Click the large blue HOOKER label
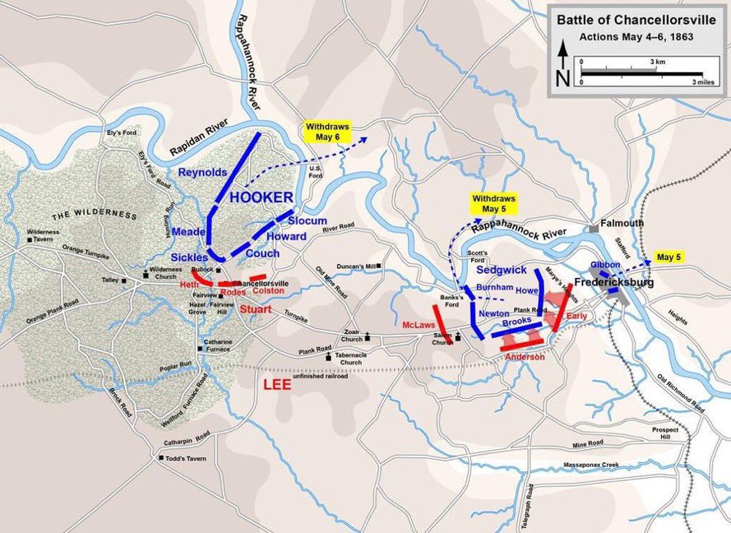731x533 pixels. [x=261, y=197]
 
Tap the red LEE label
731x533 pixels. [x=277, y=384]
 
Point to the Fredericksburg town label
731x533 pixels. [x=613, y=282]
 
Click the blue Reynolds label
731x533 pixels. [x=201, y=172]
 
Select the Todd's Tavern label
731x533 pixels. [x=185, y=458]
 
